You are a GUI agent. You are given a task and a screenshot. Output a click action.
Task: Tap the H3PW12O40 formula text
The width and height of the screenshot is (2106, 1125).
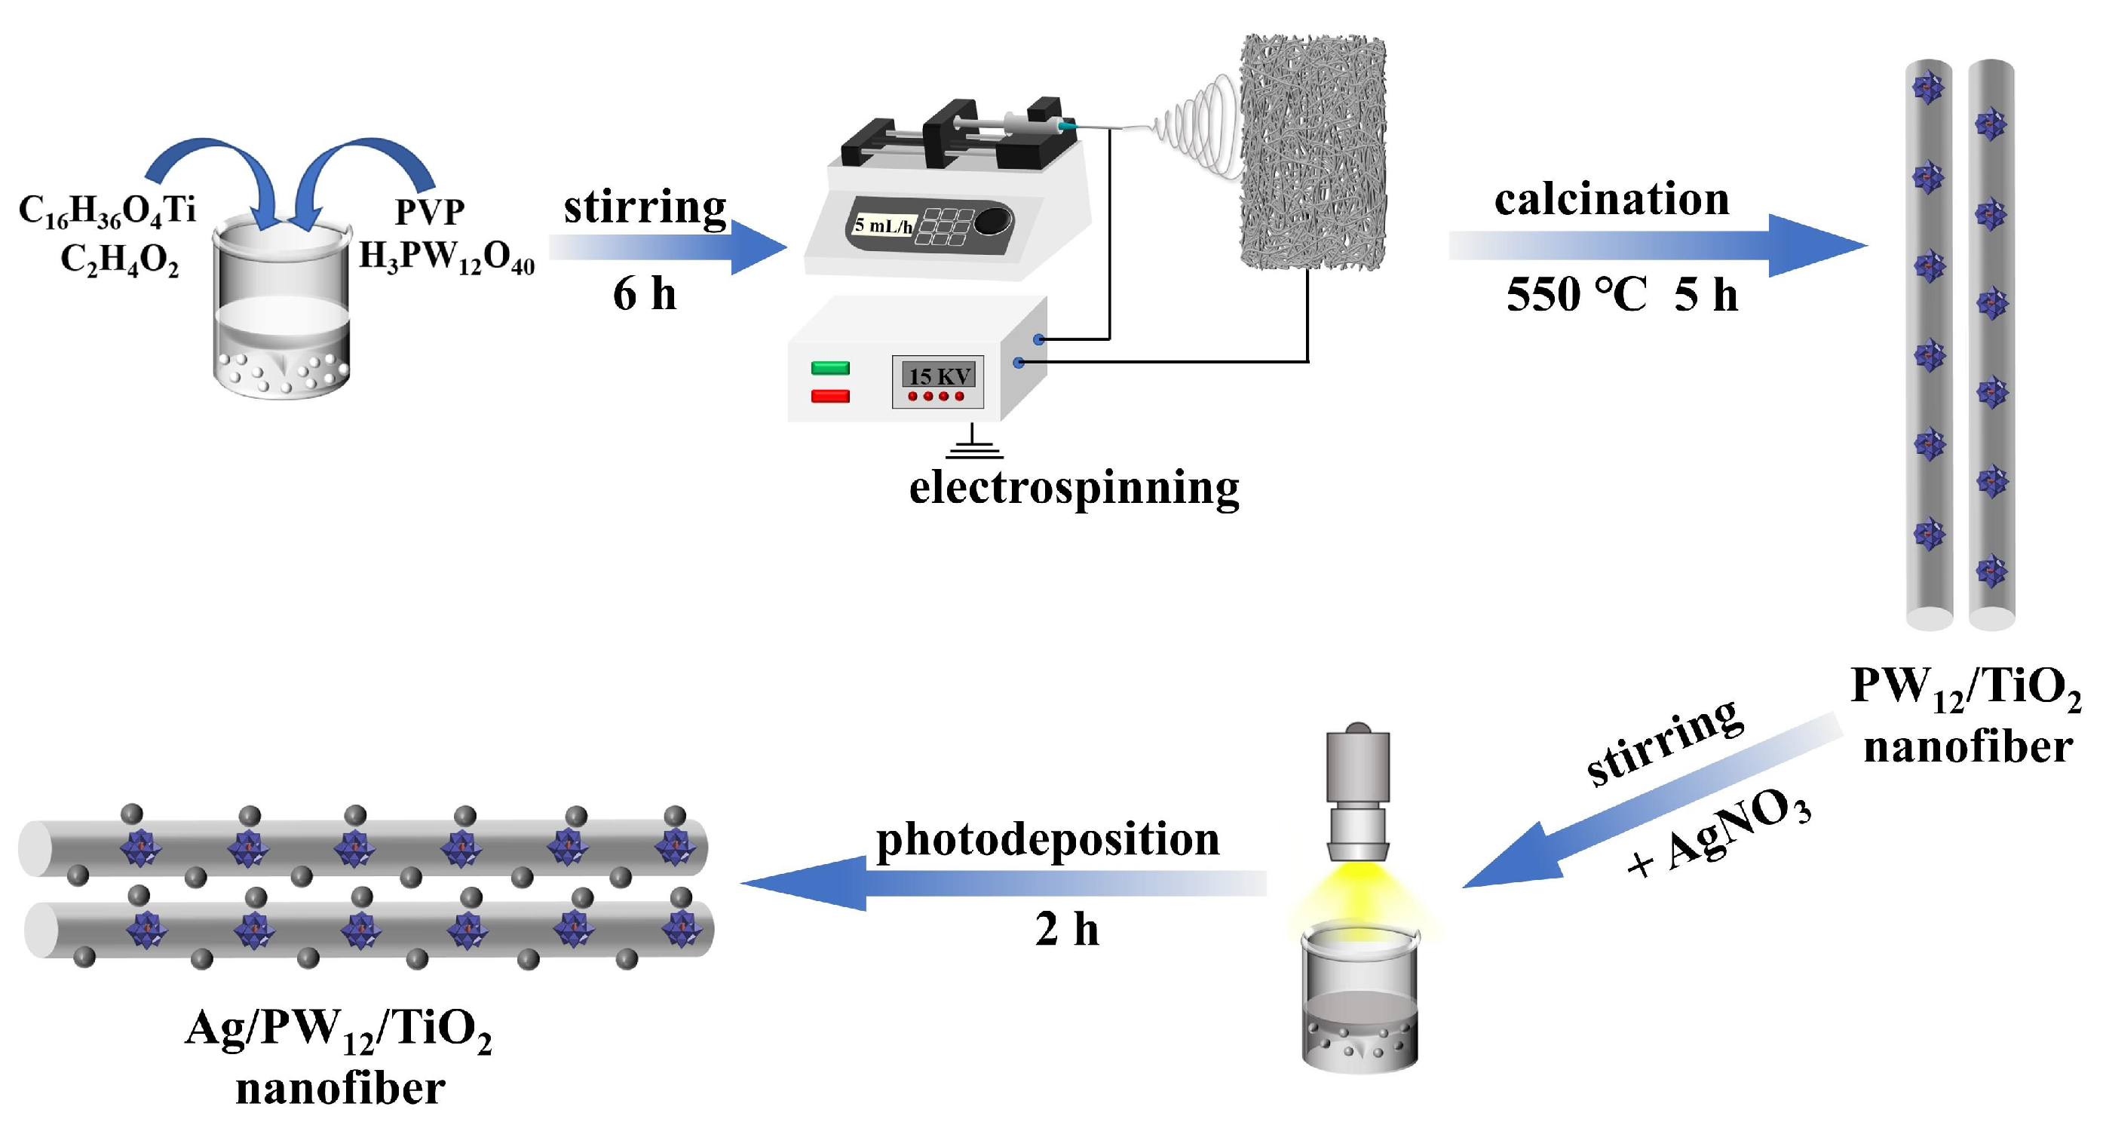[x=446, y=258]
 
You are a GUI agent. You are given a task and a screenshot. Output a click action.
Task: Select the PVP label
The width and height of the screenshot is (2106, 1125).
[x=430, y=213]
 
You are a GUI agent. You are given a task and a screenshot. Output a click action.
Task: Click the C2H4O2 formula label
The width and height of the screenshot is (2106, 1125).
[x=119, y=261]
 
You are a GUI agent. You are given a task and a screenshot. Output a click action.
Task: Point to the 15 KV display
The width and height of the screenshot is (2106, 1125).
[x=940, y=376]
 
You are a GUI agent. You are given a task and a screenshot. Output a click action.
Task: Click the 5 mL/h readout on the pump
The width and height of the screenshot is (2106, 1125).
[x=883, y=225]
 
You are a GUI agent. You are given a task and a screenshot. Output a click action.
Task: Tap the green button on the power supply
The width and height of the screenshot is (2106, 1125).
[x=830, y=368]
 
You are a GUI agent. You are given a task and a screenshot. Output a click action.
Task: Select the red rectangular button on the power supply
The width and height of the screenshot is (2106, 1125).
[x=830, y=397]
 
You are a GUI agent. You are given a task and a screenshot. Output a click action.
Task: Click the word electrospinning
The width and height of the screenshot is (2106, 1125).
[x=1074, y=488]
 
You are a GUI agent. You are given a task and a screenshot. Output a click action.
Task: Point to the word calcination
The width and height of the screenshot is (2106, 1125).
[x=1611, y=200]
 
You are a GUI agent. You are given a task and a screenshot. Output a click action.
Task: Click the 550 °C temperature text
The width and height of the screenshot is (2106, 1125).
[x=1576, y=294]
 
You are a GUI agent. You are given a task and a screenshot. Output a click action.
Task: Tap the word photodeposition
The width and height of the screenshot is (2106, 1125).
[x=1047, y=840]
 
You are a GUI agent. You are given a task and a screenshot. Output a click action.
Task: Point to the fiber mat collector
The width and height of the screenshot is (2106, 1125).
[x=1312, y=153]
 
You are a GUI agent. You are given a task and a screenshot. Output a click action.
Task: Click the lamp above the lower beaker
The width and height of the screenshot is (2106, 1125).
[x=1357, y=793]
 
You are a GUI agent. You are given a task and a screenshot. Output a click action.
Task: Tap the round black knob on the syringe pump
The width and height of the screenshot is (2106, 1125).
[x=992, y=221]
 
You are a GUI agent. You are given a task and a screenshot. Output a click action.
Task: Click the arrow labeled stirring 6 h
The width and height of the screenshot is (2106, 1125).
[x=667, y=247]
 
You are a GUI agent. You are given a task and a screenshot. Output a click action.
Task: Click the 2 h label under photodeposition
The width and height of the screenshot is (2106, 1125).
[x=1067, y=930]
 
